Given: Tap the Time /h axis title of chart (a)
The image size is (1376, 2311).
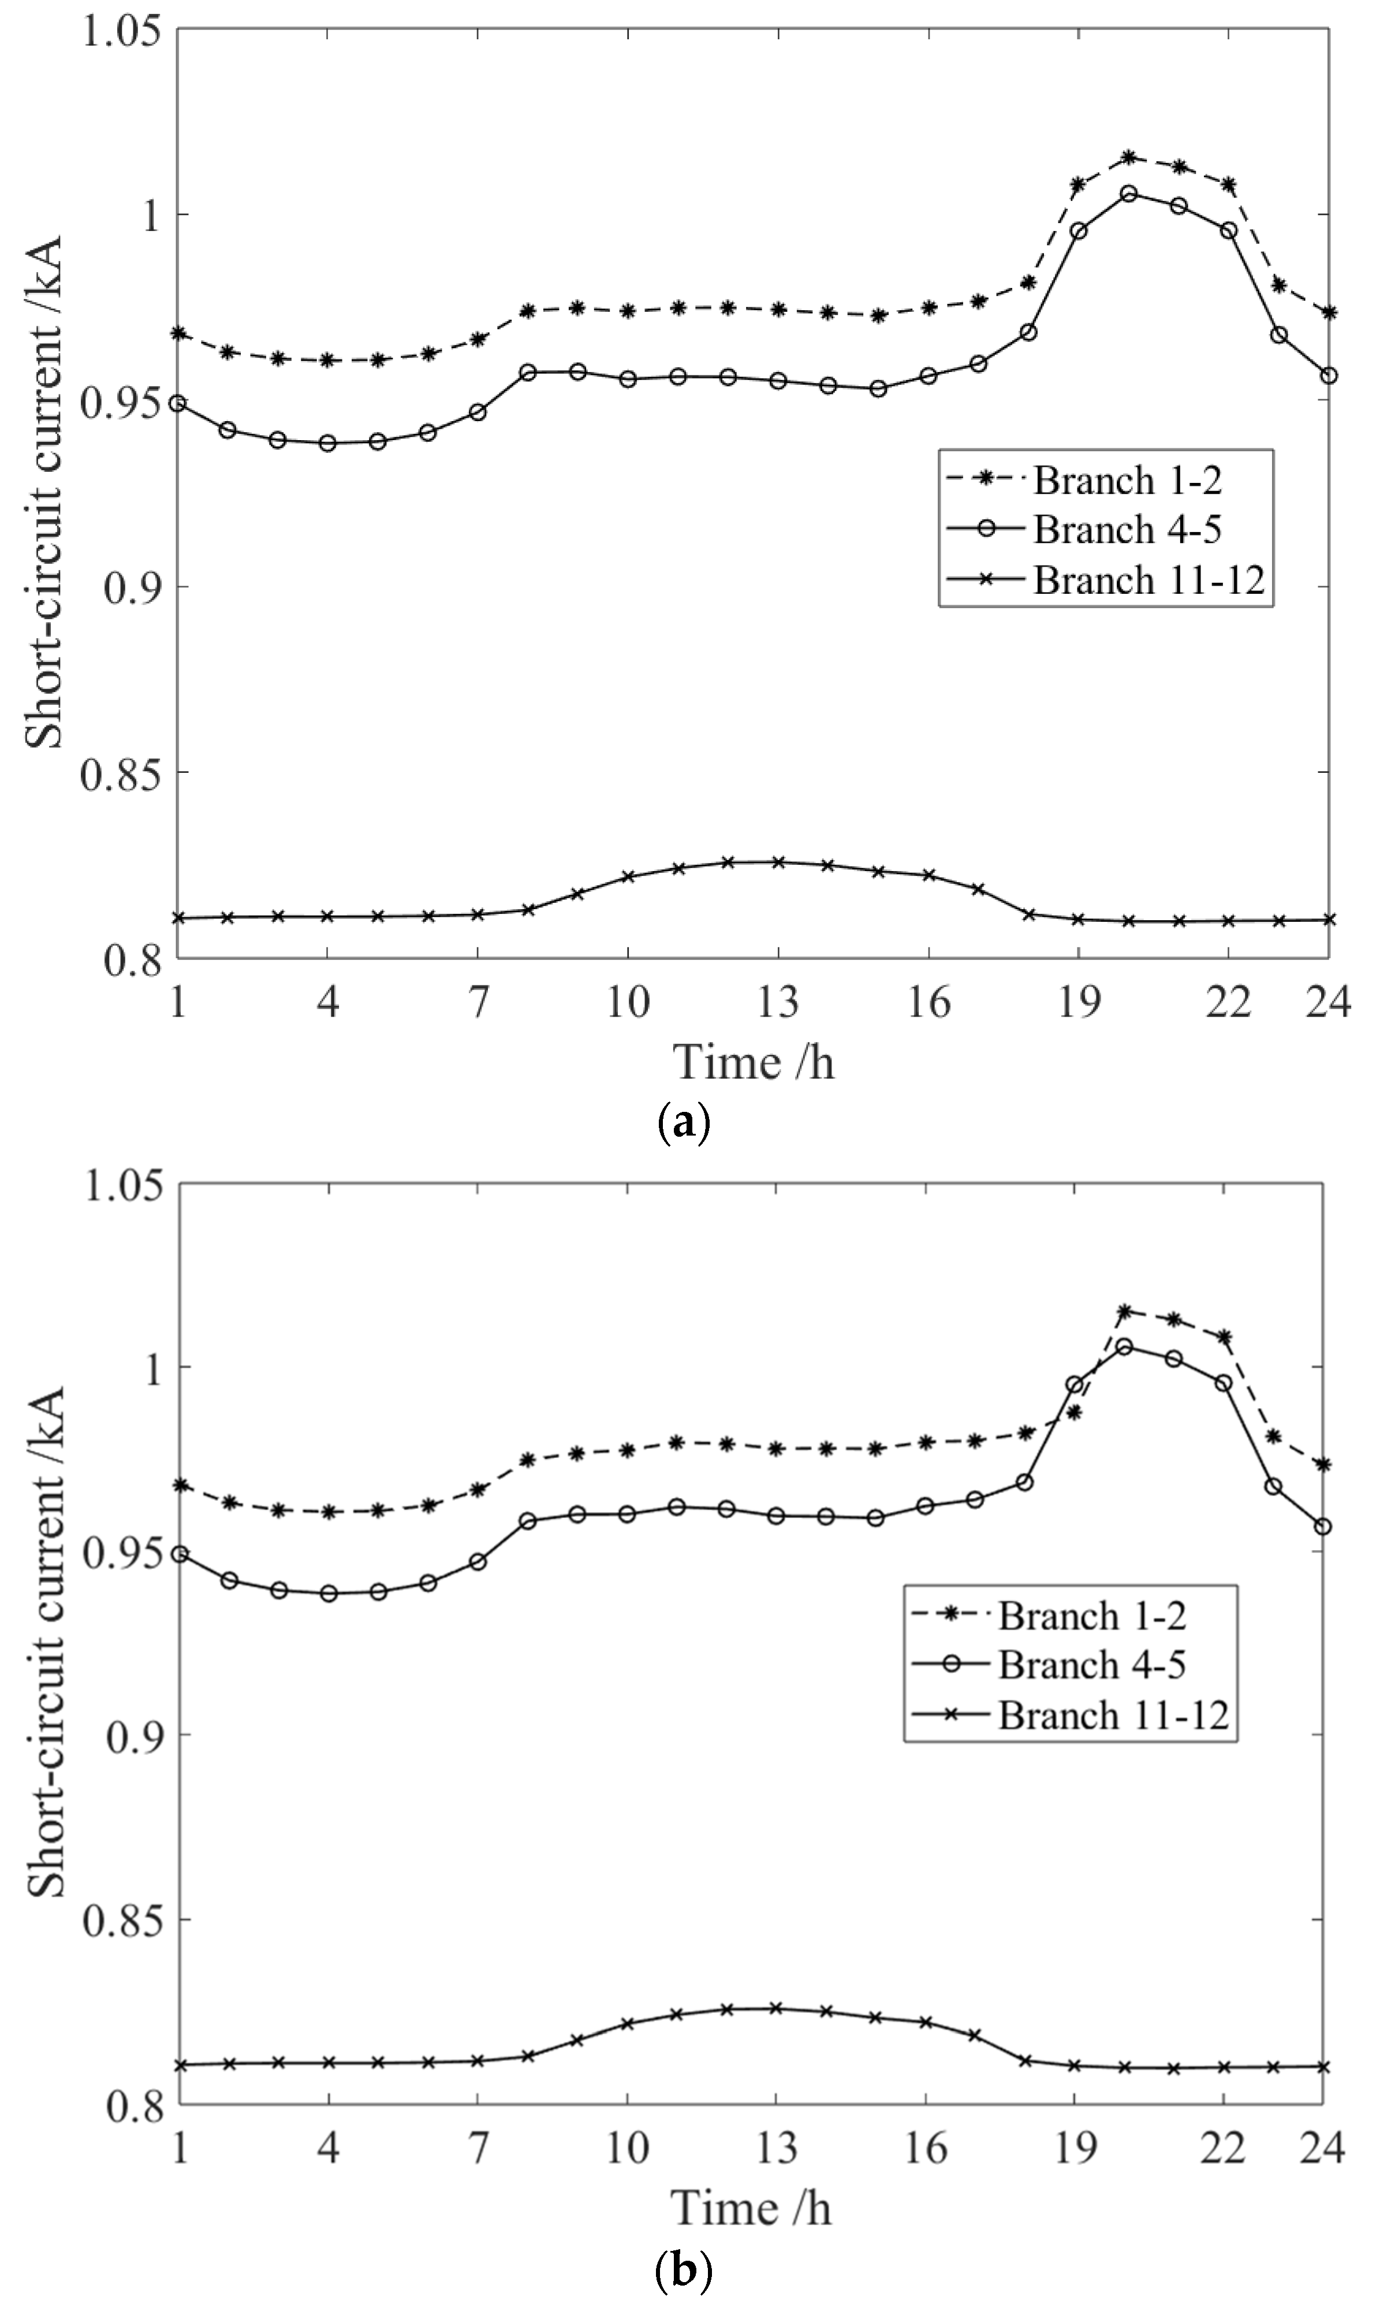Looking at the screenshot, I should [x=753, y=1062].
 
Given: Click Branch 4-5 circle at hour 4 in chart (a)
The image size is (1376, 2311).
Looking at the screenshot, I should [x=327, y=443].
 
